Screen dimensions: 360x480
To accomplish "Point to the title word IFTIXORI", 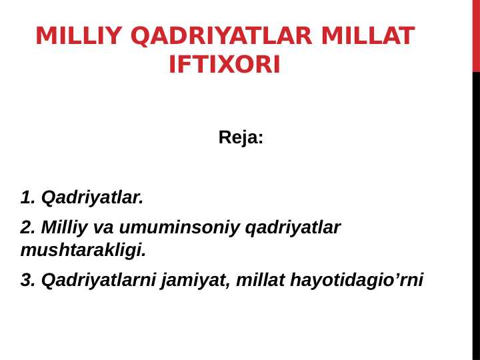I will (225, 65).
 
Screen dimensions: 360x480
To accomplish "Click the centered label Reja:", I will (241, 138).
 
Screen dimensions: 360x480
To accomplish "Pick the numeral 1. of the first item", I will (28, 198).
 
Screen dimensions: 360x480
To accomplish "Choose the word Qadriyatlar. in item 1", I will (92, 198).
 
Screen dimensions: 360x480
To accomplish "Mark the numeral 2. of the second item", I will (28, 228).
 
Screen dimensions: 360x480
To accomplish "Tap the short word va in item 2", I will (103, 228).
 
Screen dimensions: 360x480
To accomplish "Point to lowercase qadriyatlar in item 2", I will (293, 228).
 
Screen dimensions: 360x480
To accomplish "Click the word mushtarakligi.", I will (83, 251).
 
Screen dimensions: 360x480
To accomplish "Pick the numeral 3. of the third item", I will (28, 281).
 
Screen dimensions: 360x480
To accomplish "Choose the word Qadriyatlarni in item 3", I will (98, 281).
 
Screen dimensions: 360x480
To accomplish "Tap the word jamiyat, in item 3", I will (197, 281).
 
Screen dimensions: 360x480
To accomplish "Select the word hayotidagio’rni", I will (357, 281).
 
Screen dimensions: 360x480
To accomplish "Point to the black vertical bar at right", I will (476, 213).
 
